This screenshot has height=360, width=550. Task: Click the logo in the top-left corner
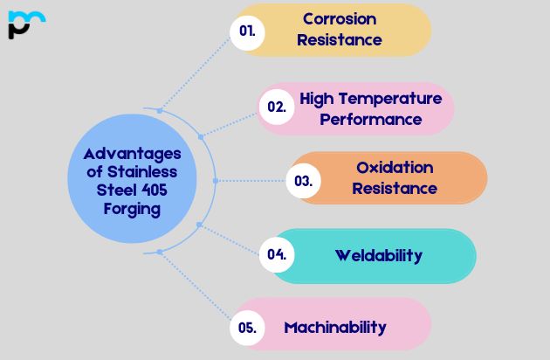click(x=26, y=24)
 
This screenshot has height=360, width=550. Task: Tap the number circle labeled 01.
click(x=247, y=31)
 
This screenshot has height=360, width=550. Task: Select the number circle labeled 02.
click(x=276, y=107)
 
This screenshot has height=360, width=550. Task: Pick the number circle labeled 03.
click(x=303, y=182)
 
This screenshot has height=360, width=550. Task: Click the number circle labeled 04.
click(x=277, y=255)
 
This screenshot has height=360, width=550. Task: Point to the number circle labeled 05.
click(x=246, y=329)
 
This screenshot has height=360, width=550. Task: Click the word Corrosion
click(x=340, y=18)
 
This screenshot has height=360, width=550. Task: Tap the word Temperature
click(x=392, y=98)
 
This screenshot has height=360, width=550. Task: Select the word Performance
click(x=371, y=119)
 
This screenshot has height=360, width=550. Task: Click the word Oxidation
click(x=395, y=167)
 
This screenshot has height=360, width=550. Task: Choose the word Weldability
click(x=378, y=255)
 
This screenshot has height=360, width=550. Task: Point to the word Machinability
click(x=334, y=328)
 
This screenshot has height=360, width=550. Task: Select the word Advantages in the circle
click(x=127, y=153)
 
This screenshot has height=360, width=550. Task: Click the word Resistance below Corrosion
click(x=340, y=39)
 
